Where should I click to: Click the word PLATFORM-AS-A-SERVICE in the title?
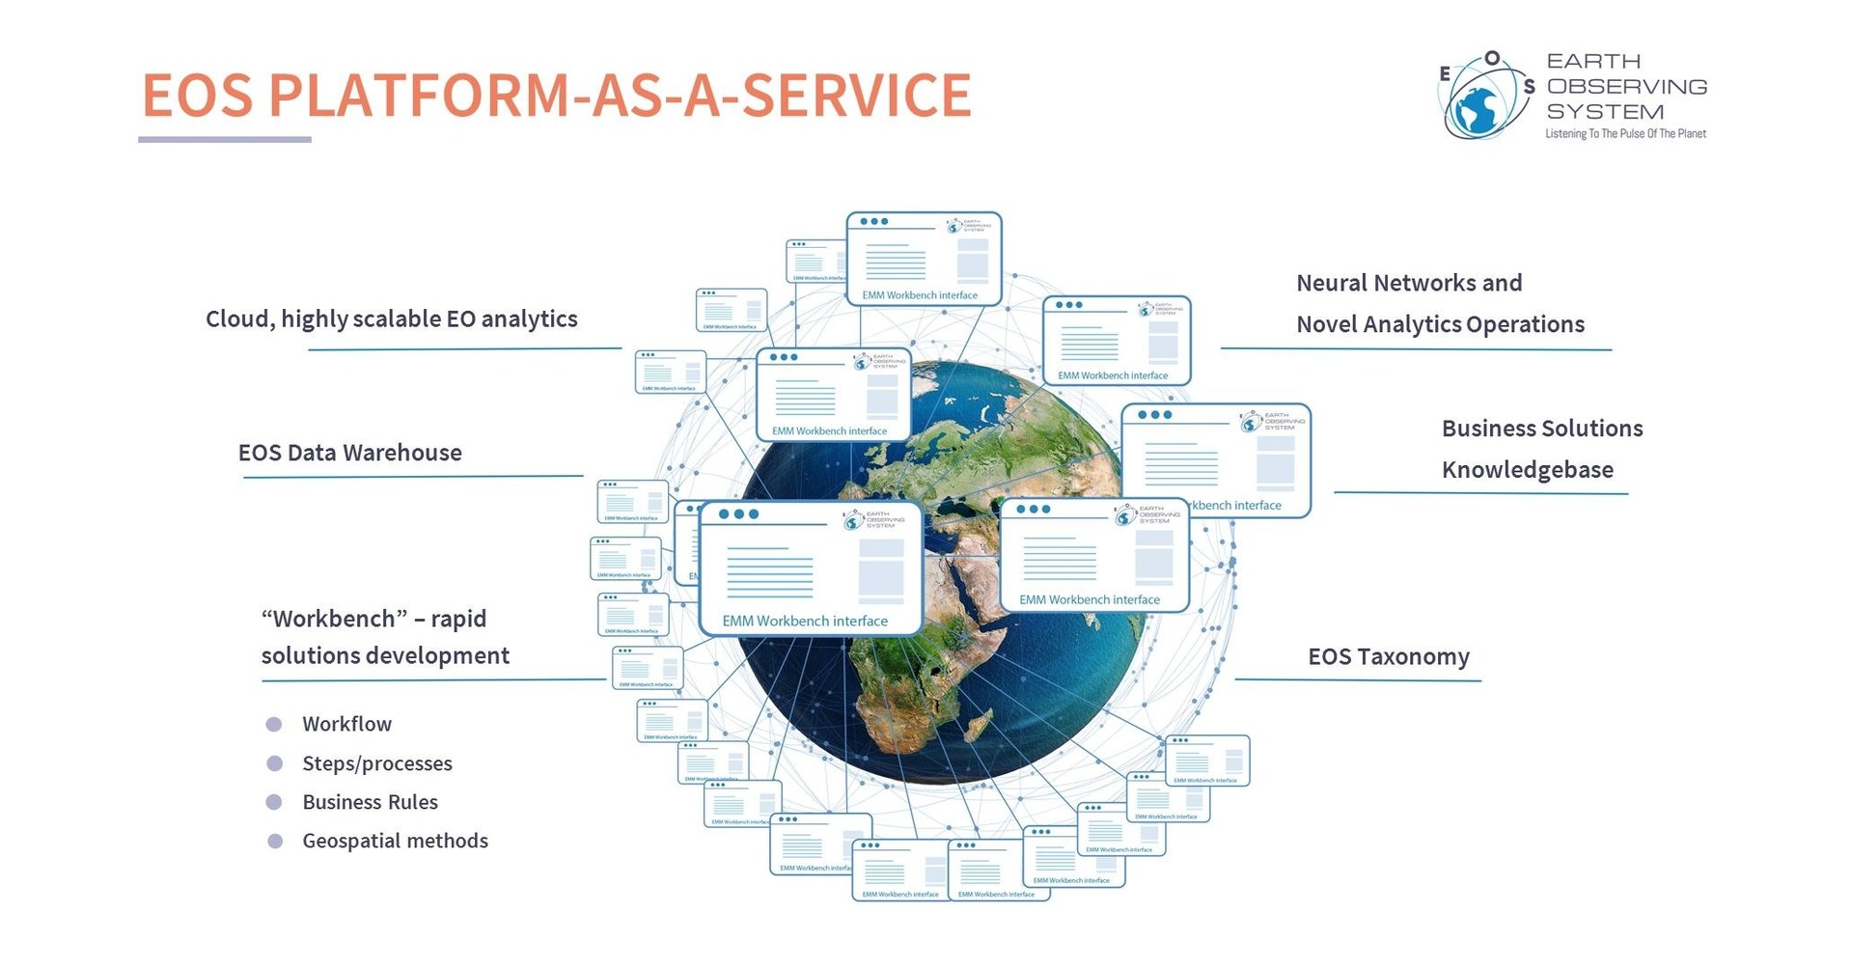pos(619,96)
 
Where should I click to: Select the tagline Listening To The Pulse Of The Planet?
pos(1625,134)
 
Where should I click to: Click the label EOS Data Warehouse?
pos(349,453)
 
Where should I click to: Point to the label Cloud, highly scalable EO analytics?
pos(391,319)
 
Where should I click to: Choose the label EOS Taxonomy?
pos(1388,657)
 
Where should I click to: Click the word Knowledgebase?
pos(1527,470)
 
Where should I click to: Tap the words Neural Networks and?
pos(1408,284)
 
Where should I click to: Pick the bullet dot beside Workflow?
pos(274,724)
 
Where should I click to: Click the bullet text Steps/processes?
pos(376,763)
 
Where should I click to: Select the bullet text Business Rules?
pos(370,802)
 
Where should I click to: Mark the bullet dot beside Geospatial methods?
pos(275,841)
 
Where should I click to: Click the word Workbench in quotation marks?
pos(335,619)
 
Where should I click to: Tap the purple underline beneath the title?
pos(224,139)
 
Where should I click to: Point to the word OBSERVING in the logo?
pos(1626,87)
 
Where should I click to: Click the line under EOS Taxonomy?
pos(1357,679)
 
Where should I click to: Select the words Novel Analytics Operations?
pos(1440,325)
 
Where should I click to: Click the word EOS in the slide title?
pos(198,96)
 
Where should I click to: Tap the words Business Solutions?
pos(1541,429)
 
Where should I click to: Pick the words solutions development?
pos(385,656)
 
